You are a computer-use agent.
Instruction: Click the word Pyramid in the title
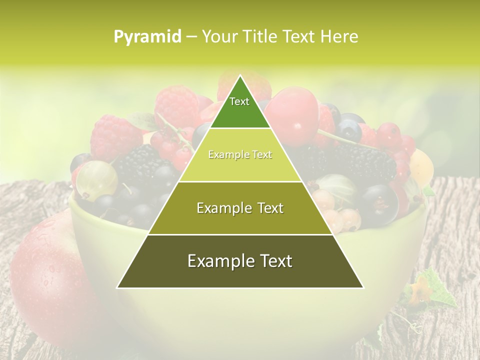pos(147,37)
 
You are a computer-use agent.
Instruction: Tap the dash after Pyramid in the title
pos(191,37)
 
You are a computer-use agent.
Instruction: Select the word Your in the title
pos(218,37)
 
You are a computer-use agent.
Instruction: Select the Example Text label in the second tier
pos(240,155)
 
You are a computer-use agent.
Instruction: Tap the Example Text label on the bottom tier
pos(240,261)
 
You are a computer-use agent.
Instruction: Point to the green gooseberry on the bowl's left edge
pos(96,179)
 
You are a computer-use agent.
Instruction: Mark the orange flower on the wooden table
pos(419,291)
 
